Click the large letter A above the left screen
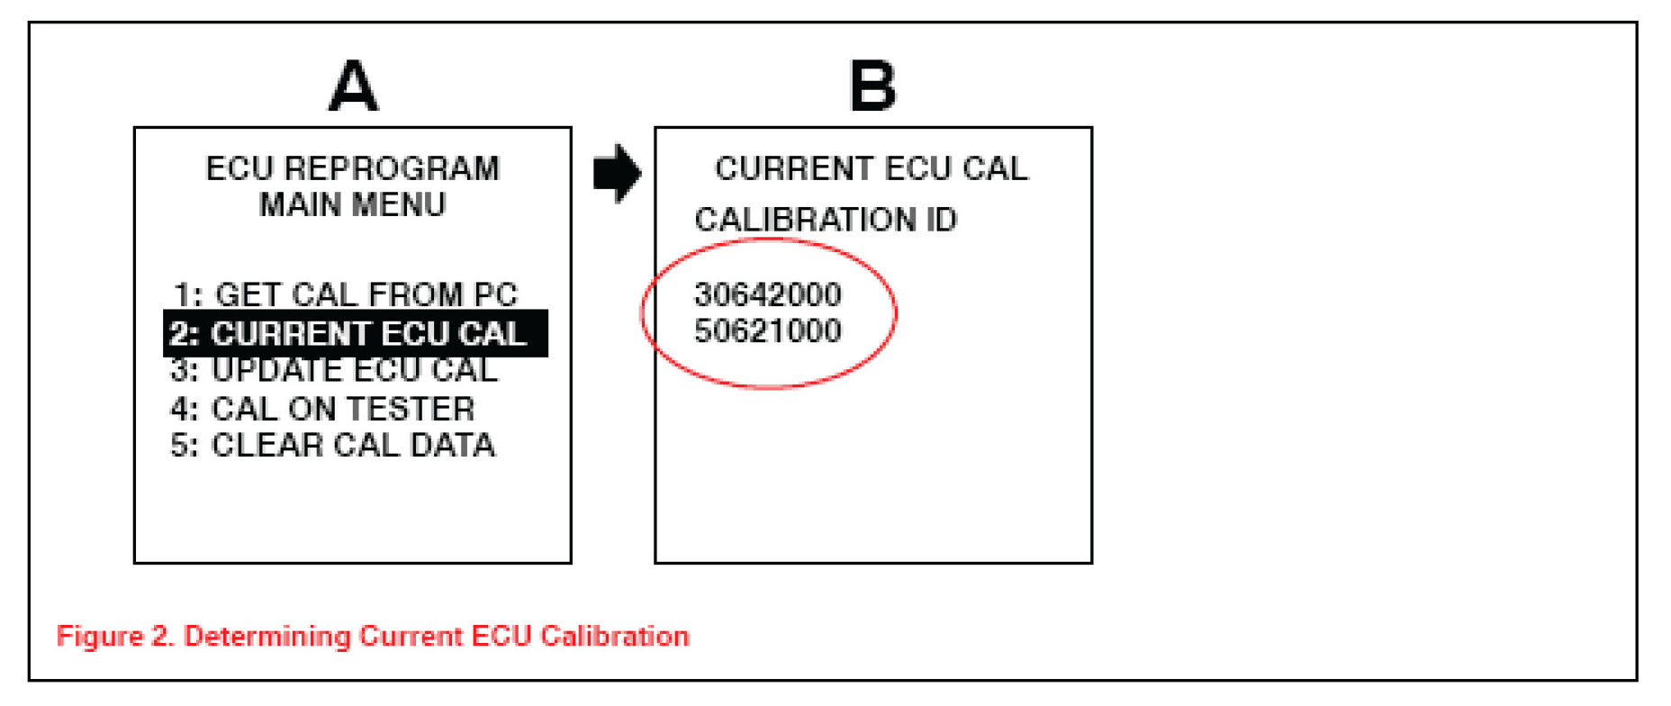pyautogui.click(x=353, y=86)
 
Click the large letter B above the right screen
pyautogui.click(x=872, y=86)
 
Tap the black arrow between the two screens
pyautogui.click(x=617, y=173)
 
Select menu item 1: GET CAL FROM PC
pyautogui.click(x=346, y=294)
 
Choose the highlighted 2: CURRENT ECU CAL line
pyautogui.click(x=355, y=334)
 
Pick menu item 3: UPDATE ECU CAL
pyautogui.click(x=334, y=370)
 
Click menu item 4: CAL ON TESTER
pyautogui.click(x=322, y=409)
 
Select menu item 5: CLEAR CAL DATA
pyautogui.click(x=333, y=445)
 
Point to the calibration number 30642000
pyautogui.click(x=767, y=294)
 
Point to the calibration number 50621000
pyautogui.click(x=767, y=331)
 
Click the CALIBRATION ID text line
pyautogui.click(x=826, y=220)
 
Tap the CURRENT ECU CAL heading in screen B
pyautogui.click(x=871, y=168)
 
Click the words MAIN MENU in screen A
pyautogui.click(x=352, y=205)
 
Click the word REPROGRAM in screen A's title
pyautogui.click(x=392, y=168)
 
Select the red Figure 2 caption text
pyautogui.click(x=373, y=637)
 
